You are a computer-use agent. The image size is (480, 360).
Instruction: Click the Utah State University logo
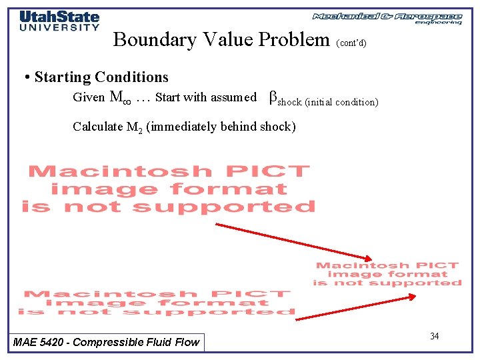click(59, 20)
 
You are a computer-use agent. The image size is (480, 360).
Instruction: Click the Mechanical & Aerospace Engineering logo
click(387, 18)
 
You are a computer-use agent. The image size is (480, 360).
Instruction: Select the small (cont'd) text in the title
click(351, 43)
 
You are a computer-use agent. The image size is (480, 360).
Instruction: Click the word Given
click(89, 97)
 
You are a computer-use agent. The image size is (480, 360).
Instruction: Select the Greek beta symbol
click(272, 97)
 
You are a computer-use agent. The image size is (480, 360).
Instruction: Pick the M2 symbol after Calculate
click(134, 127)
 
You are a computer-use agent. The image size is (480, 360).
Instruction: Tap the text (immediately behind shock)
click(221, 126)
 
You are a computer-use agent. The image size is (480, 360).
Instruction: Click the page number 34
click(434, 336)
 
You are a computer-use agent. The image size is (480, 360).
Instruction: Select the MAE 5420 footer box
click(107, 342)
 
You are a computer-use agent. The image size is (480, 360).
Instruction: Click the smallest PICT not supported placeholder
click(387, 274)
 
